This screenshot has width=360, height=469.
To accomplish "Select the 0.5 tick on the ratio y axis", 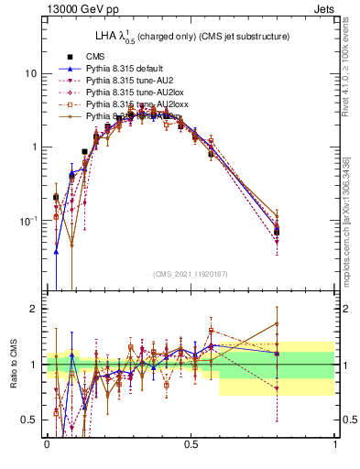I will [x=30, y=420].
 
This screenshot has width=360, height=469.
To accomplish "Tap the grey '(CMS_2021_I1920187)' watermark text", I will [x=191, y=275].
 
